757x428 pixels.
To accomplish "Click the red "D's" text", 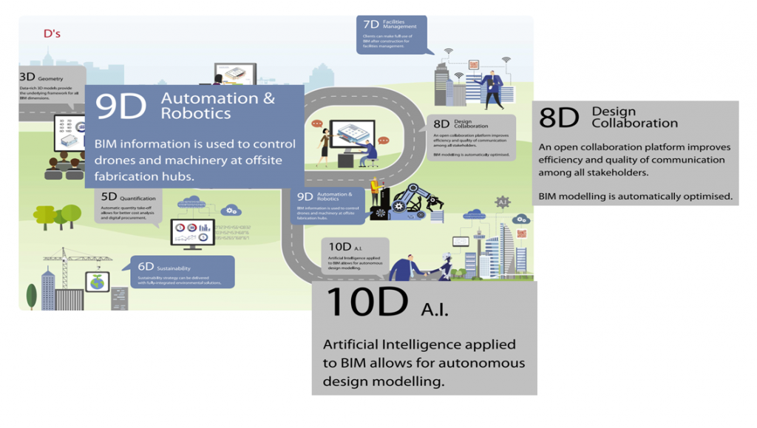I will pos(52,33).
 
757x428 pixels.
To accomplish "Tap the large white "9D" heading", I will pos(121,106).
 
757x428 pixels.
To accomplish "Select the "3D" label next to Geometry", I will pos(27,77).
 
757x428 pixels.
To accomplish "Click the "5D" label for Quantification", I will pos(109,197).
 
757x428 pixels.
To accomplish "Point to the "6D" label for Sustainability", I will pos(146,267).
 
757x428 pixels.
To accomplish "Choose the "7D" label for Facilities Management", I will pos(371,25).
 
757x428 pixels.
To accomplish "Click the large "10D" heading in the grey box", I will pos(367,302).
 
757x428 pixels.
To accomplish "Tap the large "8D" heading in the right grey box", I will pos(559,118).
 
